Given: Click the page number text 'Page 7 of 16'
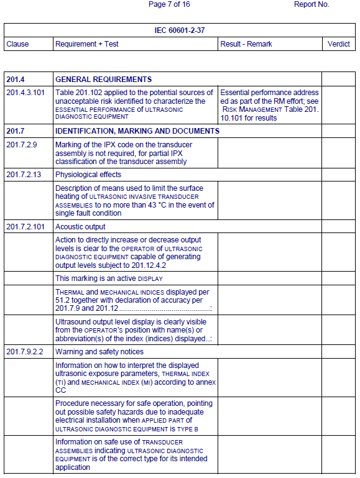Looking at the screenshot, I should tap(169, 4).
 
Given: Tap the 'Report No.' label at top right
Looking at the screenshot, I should tap(312, 4).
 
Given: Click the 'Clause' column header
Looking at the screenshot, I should tap(17, 44).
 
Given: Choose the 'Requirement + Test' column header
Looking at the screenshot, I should tap(87, 44).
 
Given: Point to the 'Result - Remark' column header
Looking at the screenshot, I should tap(246, 44).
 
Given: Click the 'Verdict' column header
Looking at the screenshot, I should tap(339, 44).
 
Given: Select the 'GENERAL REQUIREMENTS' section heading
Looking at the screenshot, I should tap(103, 80).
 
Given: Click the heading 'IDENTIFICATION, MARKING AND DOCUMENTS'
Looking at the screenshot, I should tap(137, 131).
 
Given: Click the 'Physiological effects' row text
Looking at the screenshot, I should tap(88, 175).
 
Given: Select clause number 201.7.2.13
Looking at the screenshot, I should tap(24, 175).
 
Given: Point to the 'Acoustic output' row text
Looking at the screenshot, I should tap(80, 227).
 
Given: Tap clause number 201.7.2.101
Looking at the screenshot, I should tap(25, 227).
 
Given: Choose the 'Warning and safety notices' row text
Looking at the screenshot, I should tap(99, 352).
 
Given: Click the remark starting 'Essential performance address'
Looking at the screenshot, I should tap(269, 93).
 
